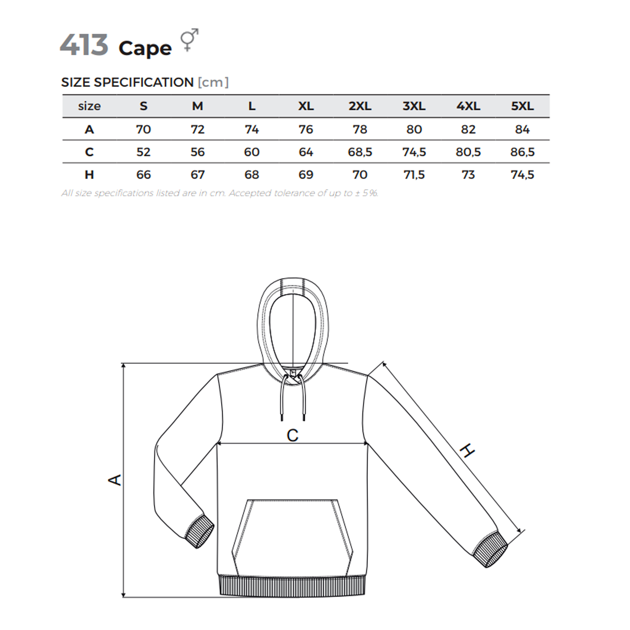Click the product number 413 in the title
point(84,45)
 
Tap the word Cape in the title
point(145,49)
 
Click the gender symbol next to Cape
point(189,40)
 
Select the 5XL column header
point(522,106)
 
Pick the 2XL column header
point(360,106)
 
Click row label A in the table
point(89,129)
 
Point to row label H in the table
point(89,175)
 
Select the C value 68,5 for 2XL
point(360,152)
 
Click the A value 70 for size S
point(143,129)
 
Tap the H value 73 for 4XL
point(468,175)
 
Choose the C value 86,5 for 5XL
point(522,152)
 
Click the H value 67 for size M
point(197,175)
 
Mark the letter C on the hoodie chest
point(293,435)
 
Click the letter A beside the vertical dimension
point(115,480)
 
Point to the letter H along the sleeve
point(467,451)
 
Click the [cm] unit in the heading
point(213,83)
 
